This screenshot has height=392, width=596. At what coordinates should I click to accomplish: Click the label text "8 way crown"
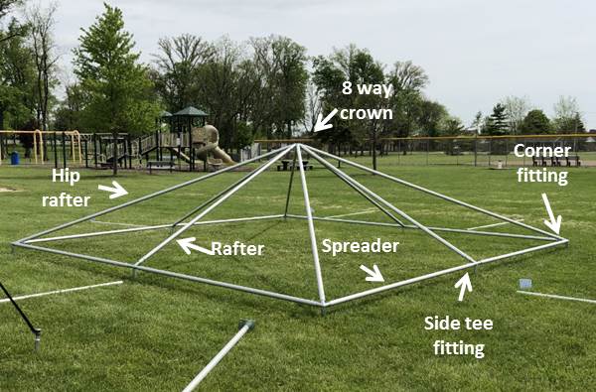click(368, 99)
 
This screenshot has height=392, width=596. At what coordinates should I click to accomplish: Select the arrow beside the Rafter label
click(193, 244)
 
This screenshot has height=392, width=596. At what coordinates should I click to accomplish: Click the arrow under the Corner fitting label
click(552, 212)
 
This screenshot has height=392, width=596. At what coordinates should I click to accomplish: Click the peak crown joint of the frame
click(298, 146)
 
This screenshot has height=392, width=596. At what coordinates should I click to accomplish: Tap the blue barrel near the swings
click(14, 158)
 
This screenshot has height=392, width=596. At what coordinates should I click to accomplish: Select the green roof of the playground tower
click(189, 113)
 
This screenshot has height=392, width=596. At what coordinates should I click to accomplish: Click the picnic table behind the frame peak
click(295, 164)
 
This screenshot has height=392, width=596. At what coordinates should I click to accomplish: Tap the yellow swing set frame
click(45, 139)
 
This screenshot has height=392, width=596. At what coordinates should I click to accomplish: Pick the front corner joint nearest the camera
click(322, 306)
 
